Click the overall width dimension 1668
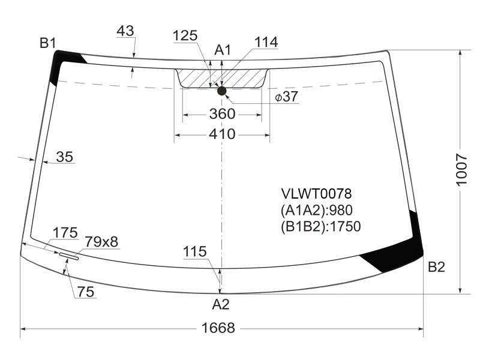[218, 328]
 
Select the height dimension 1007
[461, 170]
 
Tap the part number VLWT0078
[317, 193]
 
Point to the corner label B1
[48, 43]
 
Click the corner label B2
[436, 267]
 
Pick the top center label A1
[223, 50]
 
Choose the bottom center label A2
[221, 304]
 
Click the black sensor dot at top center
[221, 91]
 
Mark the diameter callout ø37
[286, 97]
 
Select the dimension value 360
[222, 114]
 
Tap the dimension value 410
[222, 134]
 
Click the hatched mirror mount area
[222, 78]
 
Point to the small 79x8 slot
[69, 256]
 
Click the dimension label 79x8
[101, 242]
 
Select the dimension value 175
[65, 233]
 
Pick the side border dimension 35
[65, 157]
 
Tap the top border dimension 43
[125, 31]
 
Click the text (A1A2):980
[317, 210]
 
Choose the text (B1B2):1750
[320, 226]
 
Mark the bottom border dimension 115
[194, 251]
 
